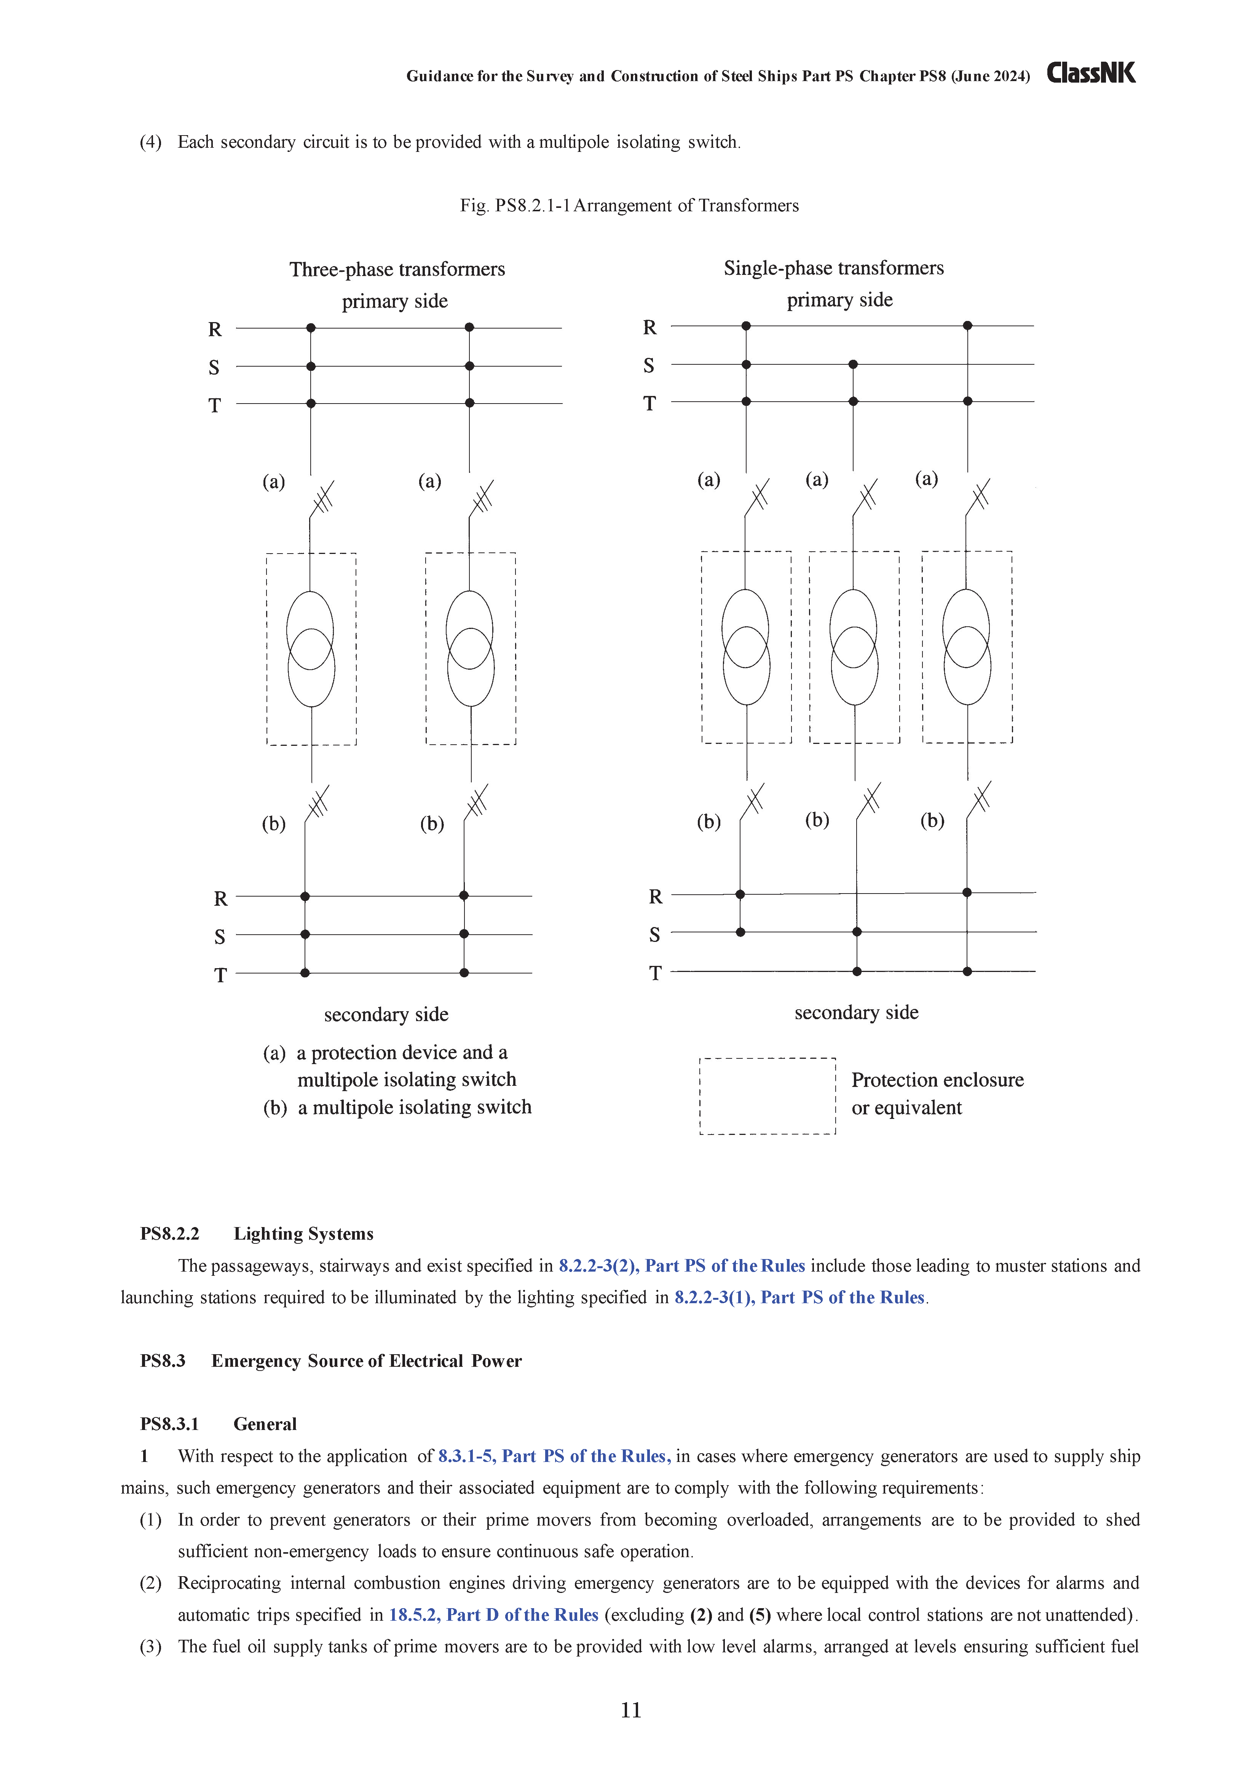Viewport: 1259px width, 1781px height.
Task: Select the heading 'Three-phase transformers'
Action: [x=397, y=269]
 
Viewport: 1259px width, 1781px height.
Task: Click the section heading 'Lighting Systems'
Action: [x=303, y=1234]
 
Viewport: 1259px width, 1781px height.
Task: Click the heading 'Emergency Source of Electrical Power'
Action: [x=366, y=1361]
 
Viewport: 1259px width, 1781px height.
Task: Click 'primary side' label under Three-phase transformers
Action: [x=395, y=301]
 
